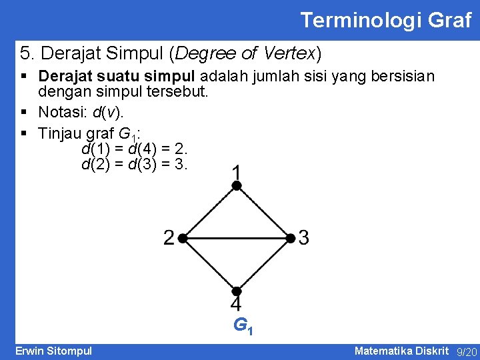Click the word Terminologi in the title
click(x=354, y=20)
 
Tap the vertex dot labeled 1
click(x=236, y=187)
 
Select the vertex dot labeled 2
click(x=182, y=237)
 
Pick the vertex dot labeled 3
click(x=291, y=237)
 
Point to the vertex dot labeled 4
click(x=236, y=291)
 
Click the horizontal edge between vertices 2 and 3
click(x=236, y=237)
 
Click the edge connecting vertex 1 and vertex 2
click(x=209, y=212)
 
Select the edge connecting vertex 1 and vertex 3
click(x=263, y=212)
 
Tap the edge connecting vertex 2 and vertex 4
click(x=209, y=264)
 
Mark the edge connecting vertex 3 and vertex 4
click(x=263, y=264)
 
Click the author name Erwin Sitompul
click(x=54, y=351)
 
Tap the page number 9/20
click(x=466, y=351)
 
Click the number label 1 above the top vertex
click(x=236, y=173)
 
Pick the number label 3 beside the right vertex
click(x=304, y=237)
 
